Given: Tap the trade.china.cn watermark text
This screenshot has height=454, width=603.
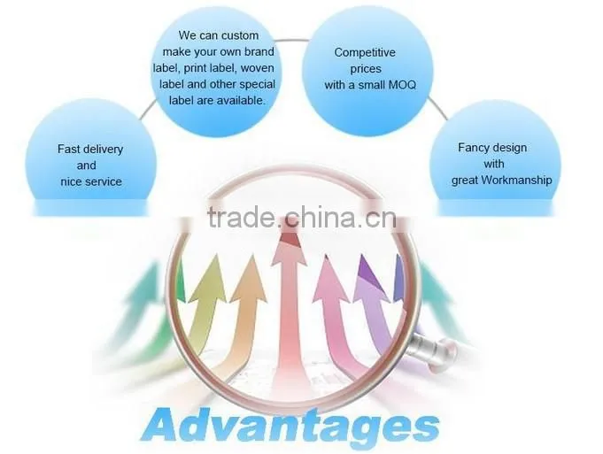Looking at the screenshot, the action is click(302, 217).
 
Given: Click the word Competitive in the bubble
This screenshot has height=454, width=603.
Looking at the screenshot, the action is click(365, 52).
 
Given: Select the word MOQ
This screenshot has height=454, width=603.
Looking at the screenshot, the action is click(402, 85).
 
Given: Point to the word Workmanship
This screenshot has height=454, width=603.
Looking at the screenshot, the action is click(516, 180).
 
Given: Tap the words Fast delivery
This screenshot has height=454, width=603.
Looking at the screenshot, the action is click(90, 150).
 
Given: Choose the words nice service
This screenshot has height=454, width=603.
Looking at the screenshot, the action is click(91, 181).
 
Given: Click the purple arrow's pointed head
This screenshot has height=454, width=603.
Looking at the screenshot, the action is click(369, 273).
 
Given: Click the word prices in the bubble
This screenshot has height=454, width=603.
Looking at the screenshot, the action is click(366, 69).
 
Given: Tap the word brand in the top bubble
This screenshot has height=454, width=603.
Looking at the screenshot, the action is click(259, 51).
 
